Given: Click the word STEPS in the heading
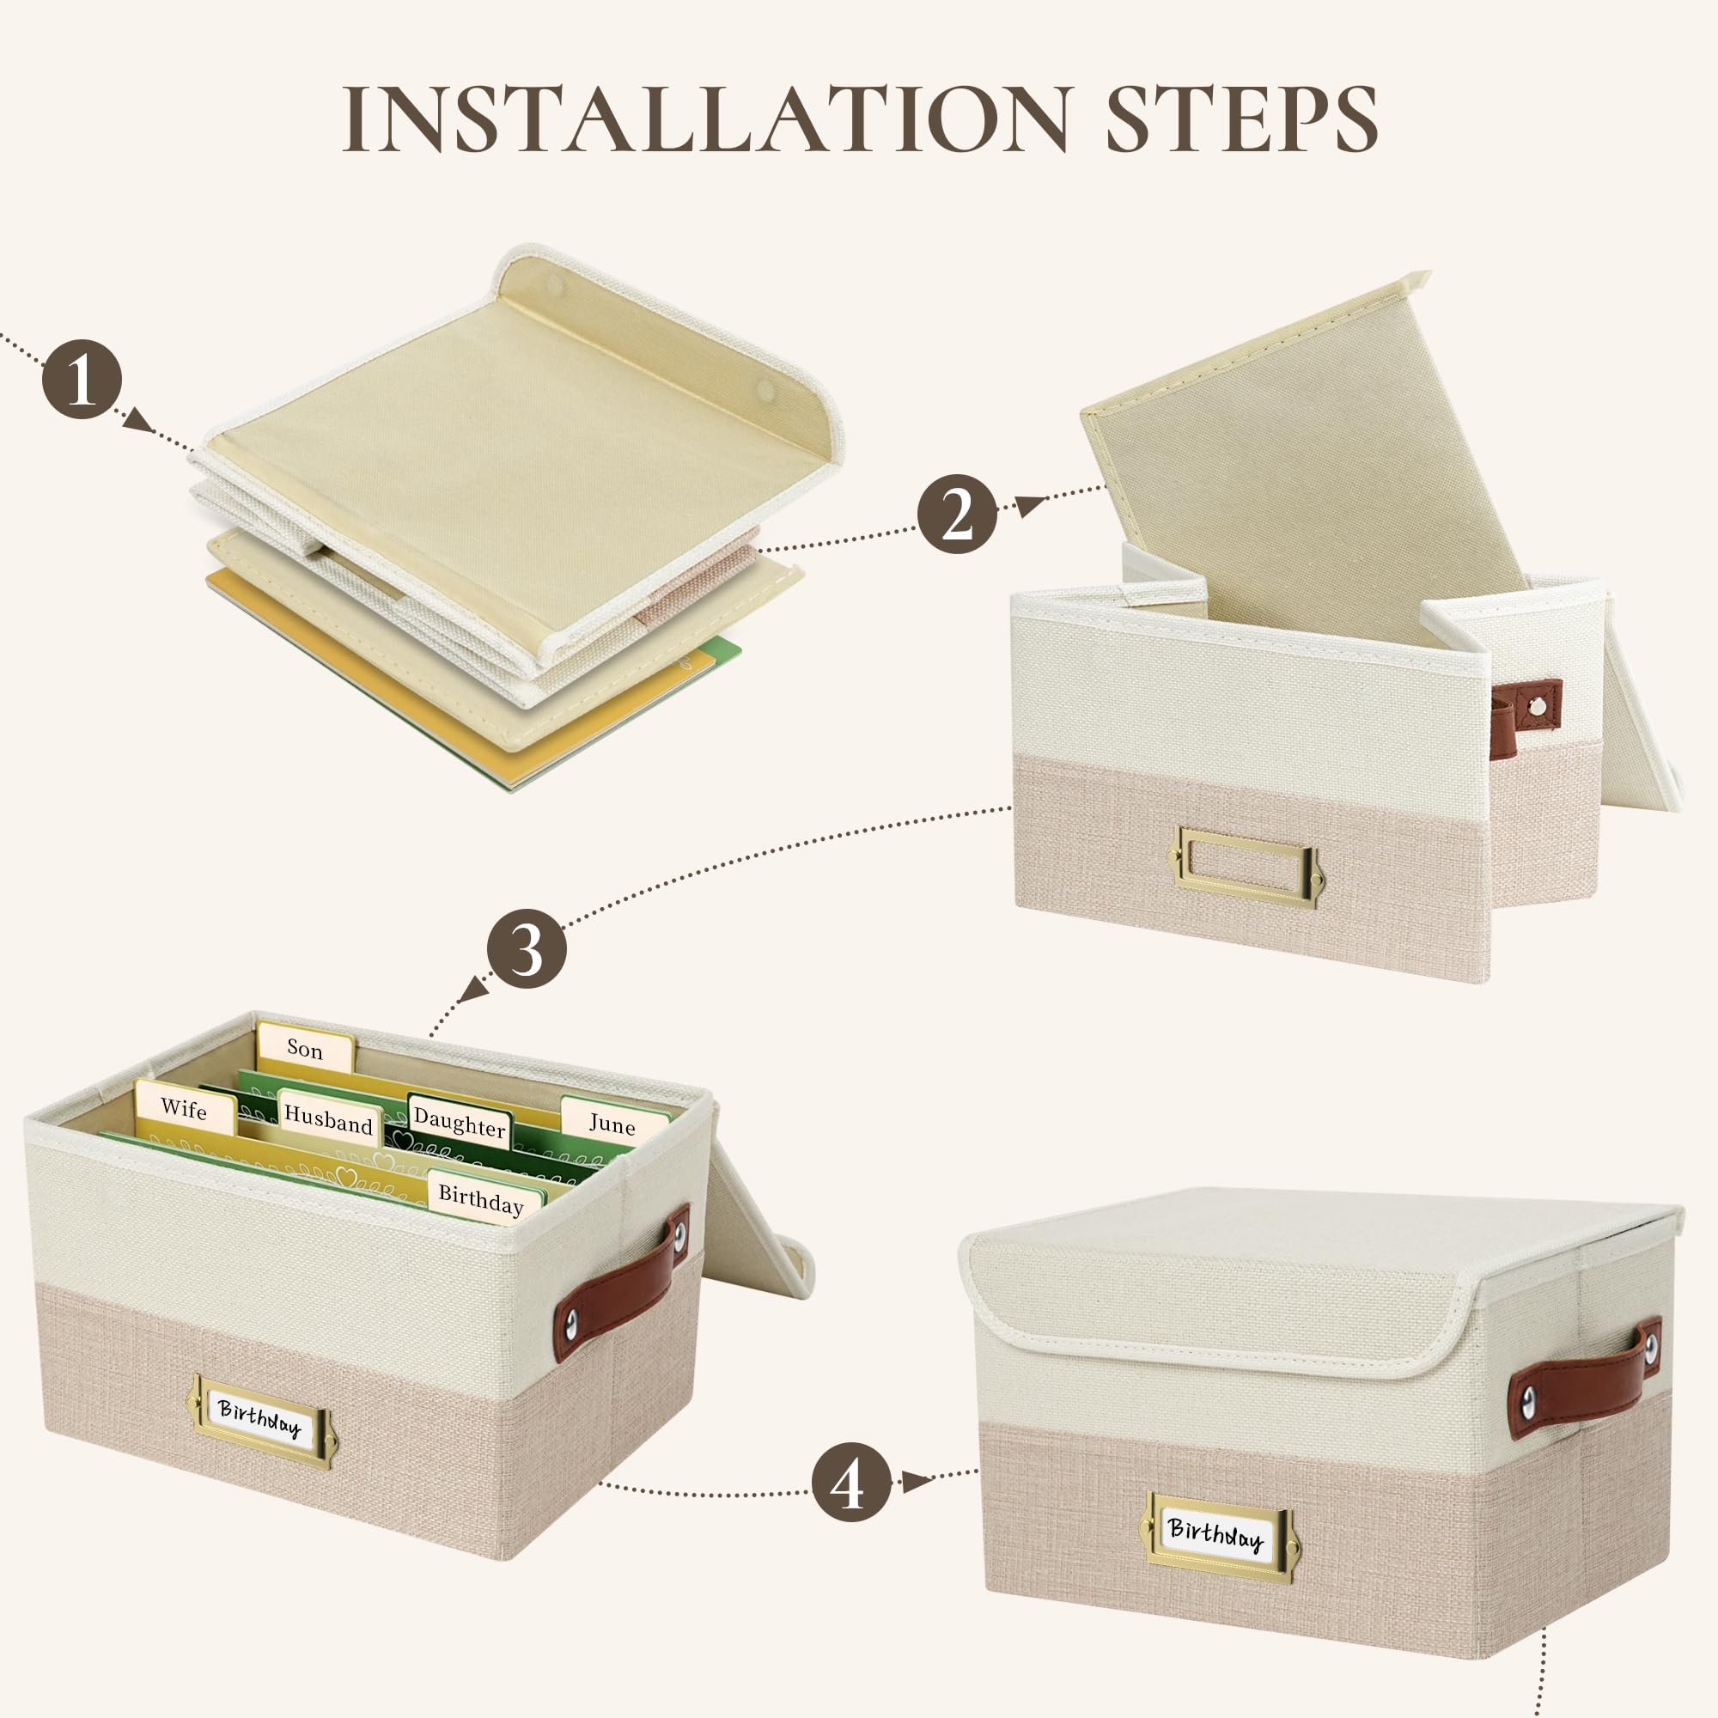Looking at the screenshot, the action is [x=1241, y=119].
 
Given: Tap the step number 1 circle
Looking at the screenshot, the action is [x=82, y=380].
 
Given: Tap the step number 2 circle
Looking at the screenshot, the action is [x=957, y=514].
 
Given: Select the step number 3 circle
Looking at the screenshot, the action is [x=527, y=949].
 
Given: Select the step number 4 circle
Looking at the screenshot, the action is [x=851, y=1482].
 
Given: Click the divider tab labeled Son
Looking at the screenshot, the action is [x=305, y=1048].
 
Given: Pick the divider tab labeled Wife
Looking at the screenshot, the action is [x=185, y=1108].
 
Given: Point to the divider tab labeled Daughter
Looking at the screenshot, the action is [x=460, y=1122].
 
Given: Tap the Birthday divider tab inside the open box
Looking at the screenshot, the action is [x=483, y=1197].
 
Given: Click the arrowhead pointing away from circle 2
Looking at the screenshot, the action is [x=1032, y=505].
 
